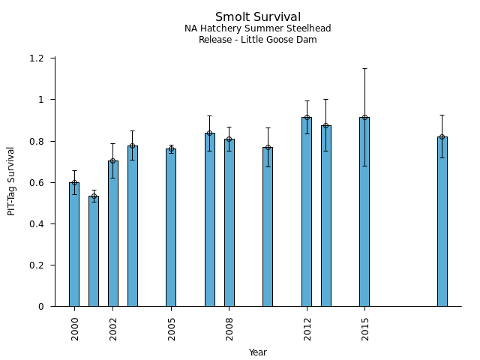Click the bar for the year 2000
[x=74, y=244]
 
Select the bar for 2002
[x=113, y=233]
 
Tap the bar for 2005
[x=171, y=227]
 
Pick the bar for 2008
[x=229, y=223]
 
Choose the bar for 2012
[x=307, y=211]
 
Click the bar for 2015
[x=364, y=211]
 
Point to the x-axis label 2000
[x=75, y=328]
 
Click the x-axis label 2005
[x=172, y=328]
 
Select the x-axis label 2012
[x=307, y=328]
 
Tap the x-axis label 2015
[x=365, y=328]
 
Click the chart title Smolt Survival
[x=258, y=17]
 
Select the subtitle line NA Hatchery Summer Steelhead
[x=258, y=29]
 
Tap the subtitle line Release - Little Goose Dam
[x=258, y=40]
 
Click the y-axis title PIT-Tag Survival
[x=12, y=181]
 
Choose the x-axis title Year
[x=258, y=352]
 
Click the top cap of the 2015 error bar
[x=364, y=69]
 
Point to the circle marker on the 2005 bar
[x=171, y=149]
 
